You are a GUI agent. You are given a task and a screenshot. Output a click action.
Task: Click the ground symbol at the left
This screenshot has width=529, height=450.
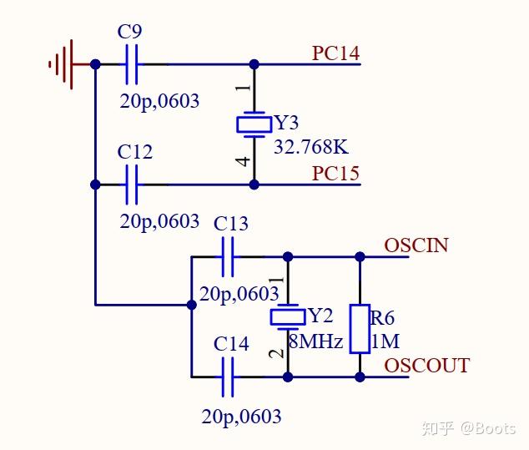tap(63, 63)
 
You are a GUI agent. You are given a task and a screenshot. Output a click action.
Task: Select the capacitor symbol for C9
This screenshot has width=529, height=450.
tap(131, 64)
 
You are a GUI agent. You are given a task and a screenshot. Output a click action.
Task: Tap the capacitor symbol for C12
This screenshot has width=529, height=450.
tap(131, 185)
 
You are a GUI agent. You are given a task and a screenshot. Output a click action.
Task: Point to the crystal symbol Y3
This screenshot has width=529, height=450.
tap(254, 124)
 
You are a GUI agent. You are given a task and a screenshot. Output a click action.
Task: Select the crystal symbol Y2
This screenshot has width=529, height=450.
tap(288, 317)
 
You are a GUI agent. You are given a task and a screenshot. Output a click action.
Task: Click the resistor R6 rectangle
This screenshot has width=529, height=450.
tap(360, 329)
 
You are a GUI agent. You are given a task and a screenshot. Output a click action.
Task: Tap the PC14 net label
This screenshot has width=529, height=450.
tap(335, 53)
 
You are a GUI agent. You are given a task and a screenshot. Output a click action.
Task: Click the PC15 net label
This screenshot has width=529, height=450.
tap(335, 174)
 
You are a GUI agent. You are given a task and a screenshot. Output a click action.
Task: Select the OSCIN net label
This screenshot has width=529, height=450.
tap(416, 245)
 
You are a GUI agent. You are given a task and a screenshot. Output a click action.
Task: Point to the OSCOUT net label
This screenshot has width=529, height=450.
tap(426, 366)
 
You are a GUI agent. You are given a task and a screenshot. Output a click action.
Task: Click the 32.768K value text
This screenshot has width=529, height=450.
tap(310, 147)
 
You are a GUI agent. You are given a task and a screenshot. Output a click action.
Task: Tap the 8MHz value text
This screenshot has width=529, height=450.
tap(315, 341)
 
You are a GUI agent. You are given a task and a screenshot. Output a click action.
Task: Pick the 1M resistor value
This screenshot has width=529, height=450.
tap(385, 341)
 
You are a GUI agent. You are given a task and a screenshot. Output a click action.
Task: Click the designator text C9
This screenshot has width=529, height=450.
tap(129, 33)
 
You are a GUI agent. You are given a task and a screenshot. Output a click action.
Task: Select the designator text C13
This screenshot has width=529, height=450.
tap(231, 224)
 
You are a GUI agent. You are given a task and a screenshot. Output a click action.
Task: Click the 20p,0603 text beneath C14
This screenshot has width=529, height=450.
tap(241, 416)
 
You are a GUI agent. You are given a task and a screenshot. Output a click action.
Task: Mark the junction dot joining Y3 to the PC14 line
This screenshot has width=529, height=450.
tap(254, 64)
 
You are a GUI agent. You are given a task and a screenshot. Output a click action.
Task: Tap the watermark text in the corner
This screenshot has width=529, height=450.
tap(470, 428)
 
